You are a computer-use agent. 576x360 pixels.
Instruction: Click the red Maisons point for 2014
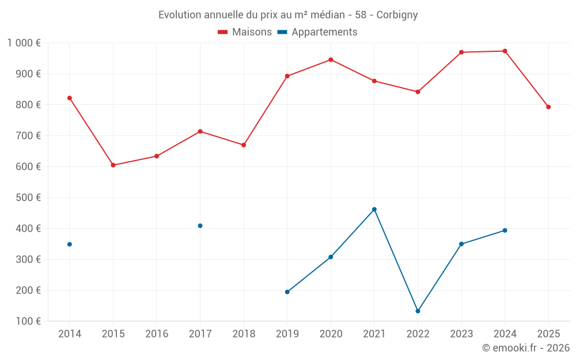(70, 98)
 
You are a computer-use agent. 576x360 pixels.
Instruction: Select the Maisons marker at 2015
(113, 165)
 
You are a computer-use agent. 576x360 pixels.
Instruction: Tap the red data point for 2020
(331, 60)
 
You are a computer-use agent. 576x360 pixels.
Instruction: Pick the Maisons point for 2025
(548, 107)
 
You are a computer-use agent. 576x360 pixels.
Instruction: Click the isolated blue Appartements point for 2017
(200, 226)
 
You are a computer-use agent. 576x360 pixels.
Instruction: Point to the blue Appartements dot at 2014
(70, 244)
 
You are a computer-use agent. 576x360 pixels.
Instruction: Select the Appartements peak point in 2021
(374, 210)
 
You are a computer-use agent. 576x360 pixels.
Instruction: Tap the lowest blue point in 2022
(418, 311)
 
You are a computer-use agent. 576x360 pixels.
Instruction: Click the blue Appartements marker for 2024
(505, 230)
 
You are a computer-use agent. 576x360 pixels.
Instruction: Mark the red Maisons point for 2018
(244, 145)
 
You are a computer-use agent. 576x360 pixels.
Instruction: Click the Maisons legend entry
(245, 32)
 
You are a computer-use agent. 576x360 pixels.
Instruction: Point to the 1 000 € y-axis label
(24, 43)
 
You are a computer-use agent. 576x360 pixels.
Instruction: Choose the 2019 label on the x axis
(287, 334)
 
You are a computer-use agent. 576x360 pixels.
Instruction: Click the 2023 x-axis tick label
(461, 334)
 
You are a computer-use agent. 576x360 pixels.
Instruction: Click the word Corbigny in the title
(397, 14)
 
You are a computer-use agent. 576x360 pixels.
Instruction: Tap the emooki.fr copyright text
(525, 348)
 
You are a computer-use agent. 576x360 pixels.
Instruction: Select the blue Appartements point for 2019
(287, 292)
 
